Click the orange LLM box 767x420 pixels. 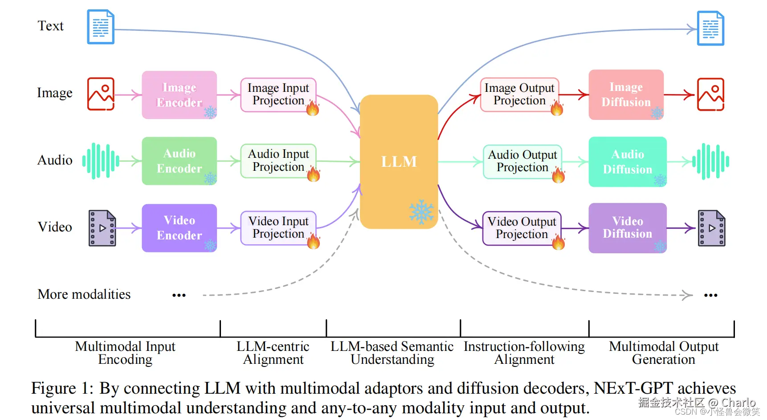click(399, 161)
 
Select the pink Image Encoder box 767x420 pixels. click(179, 95)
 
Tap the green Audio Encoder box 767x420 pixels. click(179, 161)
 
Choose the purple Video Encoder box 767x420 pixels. click(179, 228)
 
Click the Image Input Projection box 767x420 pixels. click(278, 95)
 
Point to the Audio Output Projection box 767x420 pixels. click(522, 161)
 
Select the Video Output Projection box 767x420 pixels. click(522, 228)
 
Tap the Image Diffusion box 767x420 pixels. click(626, 95)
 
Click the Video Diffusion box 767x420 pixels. click(627, 228)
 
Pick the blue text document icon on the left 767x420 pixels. click(101, 27)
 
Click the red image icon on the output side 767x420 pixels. click(710, 94)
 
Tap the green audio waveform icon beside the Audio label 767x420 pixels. click(101, 161)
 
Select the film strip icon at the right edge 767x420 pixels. click(711, 228)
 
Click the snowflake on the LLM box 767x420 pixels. click(421, 212)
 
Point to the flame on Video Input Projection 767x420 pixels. click(314, 241)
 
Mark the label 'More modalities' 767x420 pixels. click(84, 294)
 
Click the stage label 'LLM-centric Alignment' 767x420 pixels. click(273, 353)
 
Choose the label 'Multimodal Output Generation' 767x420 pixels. click(664, 353)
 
